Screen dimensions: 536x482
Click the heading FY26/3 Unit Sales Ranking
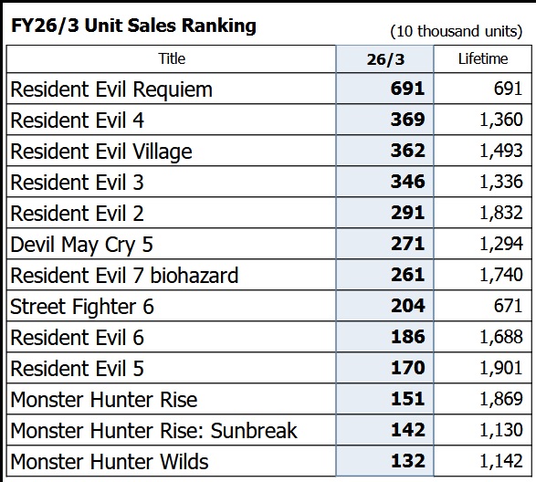133,26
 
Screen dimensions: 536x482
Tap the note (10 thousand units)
457,31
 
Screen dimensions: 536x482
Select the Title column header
172,58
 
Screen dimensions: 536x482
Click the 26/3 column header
385,59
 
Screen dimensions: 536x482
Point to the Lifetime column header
483,58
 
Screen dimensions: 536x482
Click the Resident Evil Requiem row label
111,89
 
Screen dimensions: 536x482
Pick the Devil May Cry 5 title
81,245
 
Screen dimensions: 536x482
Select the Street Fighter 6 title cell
82,307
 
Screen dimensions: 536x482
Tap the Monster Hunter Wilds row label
110,462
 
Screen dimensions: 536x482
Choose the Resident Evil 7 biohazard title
124,276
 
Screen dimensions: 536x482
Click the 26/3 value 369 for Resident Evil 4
408,120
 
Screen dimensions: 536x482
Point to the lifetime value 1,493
501,151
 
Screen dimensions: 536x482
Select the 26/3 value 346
408,182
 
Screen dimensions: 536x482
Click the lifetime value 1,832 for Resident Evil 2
501,213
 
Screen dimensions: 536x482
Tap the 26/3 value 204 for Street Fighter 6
408,306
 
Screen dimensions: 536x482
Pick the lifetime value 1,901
501,368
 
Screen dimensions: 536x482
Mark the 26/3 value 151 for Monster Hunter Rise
408,399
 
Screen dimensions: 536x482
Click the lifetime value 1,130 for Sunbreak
501,430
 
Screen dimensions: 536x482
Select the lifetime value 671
508,306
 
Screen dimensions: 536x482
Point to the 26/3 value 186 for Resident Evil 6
408,337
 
